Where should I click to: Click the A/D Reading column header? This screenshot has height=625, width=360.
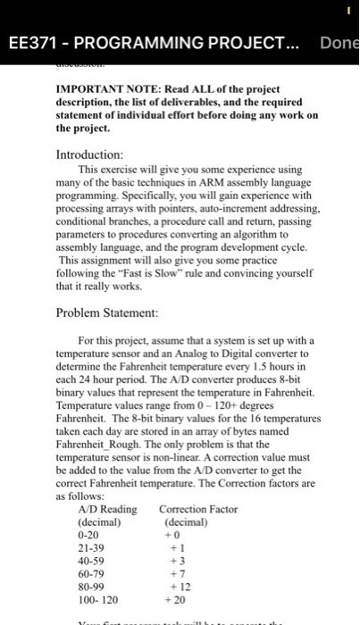(x=108, y=509)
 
